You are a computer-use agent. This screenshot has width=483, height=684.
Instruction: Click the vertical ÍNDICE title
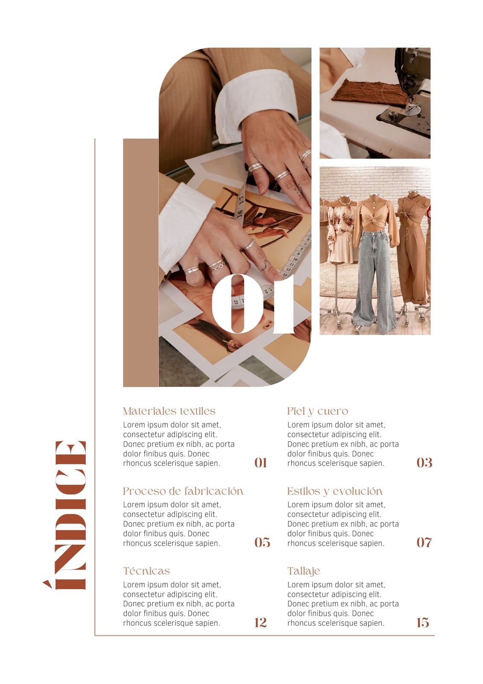point(64,515)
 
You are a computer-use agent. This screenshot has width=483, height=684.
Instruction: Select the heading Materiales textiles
point(169,411)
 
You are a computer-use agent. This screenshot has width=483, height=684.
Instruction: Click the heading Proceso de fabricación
point(183,491)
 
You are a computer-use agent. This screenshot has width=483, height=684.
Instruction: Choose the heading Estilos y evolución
point(335,492)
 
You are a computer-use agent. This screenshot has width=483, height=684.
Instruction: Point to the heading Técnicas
point(146,571)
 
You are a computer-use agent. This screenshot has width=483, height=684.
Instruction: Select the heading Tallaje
point(304,571)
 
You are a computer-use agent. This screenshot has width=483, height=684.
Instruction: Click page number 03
point(424,463)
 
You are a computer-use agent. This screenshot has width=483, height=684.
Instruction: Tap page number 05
point(262,542)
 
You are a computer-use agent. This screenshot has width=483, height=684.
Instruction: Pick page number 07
point(424,542)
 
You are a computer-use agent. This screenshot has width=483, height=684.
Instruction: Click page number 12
point(261,622)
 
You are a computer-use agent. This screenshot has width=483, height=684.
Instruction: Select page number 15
point(423,622)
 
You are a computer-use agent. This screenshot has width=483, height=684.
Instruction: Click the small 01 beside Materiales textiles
point(261,463)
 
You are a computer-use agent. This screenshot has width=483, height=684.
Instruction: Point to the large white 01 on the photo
point(253,304)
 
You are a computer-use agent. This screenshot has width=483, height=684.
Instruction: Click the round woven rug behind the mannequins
point(360,280)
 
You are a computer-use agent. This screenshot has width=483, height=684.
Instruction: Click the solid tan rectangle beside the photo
point(141,262)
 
